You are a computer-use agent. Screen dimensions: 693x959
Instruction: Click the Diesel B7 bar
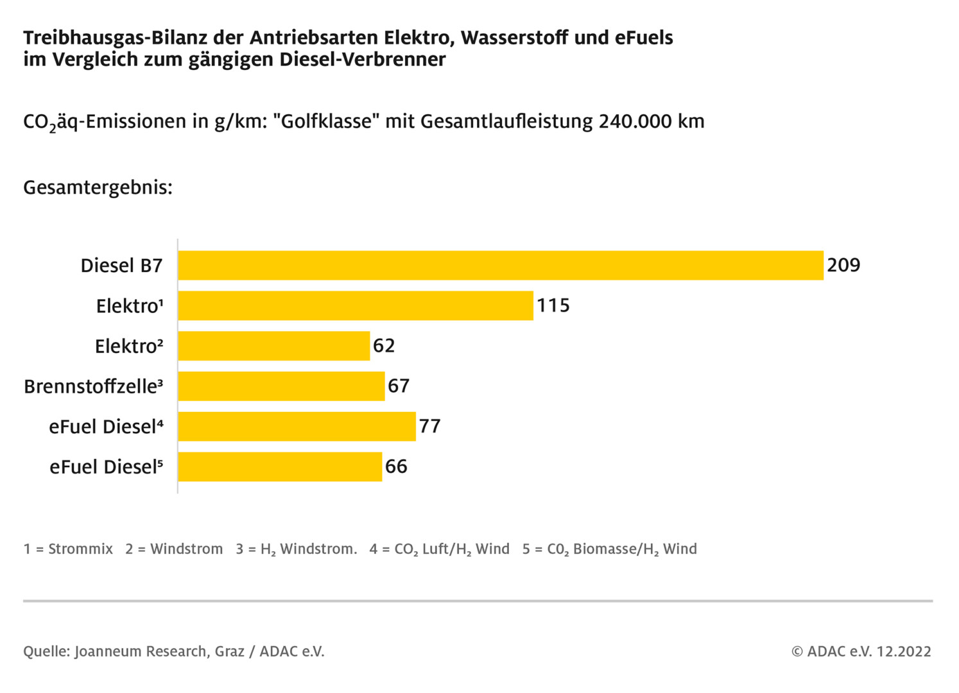point(500,265)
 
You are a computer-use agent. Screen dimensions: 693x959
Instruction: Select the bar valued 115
point(355,305)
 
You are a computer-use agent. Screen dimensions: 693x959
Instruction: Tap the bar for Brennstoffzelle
point(281,386)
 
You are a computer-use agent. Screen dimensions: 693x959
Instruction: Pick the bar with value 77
point(297,426)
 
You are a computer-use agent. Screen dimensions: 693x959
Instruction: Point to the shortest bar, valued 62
point(273,346)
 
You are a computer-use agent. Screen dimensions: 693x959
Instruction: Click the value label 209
point(843,265)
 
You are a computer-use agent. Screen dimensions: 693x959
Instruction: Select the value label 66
point(396,466)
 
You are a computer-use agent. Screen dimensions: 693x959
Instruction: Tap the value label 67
point(399,386)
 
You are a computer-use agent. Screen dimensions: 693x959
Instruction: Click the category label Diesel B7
point(121,266)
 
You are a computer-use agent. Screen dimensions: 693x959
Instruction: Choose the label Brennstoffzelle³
point(93,386)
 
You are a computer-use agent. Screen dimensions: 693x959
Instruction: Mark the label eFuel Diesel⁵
point(106,467)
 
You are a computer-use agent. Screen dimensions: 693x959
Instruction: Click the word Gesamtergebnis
point(98,187)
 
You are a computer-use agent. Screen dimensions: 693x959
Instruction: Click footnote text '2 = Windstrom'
point(174,549)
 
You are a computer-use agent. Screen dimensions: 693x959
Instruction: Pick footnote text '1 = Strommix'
point(68,549)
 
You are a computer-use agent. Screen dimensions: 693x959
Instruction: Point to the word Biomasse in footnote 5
point(603,549)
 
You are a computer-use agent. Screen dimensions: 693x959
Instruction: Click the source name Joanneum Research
point(141,651)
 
